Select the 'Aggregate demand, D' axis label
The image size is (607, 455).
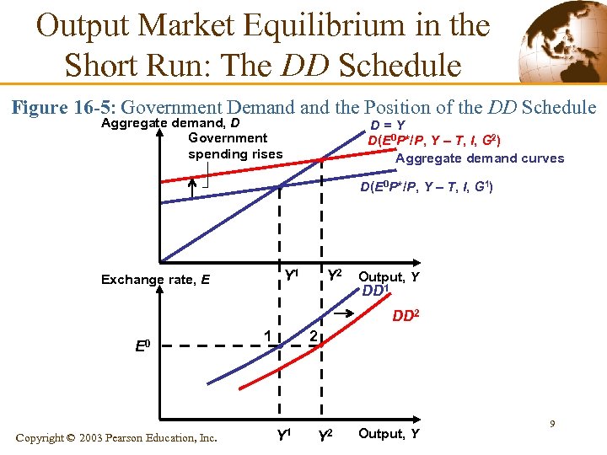pyautogui.click(x=169, y=123)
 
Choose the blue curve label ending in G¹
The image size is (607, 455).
pyautogui.click(x=426, y=187)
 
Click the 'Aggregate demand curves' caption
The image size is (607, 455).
pyautogui.click(x=480, y=158)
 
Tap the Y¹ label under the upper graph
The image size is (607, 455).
pyautogui.click(x=292, y=275)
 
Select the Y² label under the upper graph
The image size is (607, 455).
pyautogui.click(x=334, y=275)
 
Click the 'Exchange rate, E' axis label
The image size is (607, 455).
pyautogui.click(x=155, y=280)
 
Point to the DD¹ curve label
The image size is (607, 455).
pyautogui.click(x=374, y=292)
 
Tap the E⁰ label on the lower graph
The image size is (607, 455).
pyautogui.click(x=143, y=345)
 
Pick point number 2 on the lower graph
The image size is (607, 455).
pyautogui.click(x=312, y=337)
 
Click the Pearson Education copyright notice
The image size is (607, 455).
pyautogui.click(x=117, y=437)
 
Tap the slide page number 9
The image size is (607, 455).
pyautogui.click(x=551, y=424)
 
